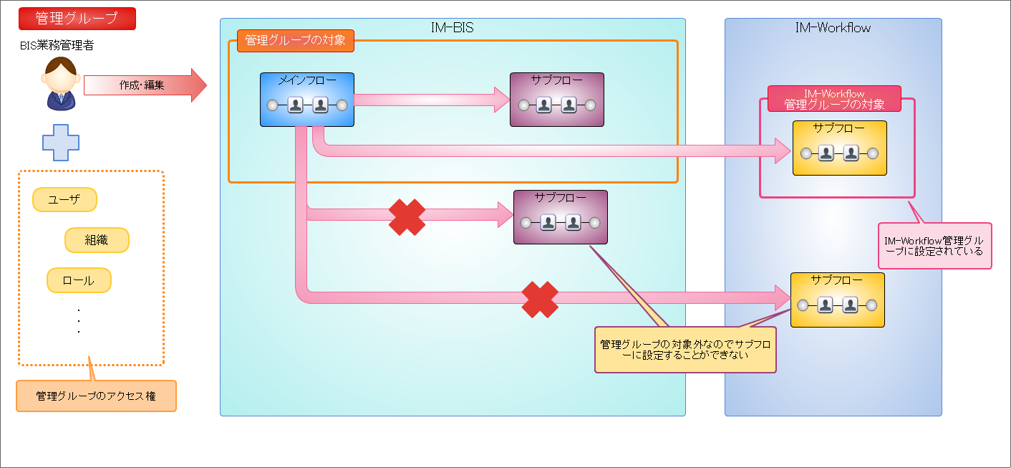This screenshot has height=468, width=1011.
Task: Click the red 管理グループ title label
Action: (77, 19)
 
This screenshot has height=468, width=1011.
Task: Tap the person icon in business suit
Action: (61, 85)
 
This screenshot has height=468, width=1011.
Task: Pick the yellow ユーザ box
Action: (64, 200)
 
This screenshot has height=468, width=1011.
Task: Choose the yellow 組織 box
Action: (97, 240)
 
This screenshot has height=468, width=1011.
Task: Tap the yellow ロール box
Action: (79, 280)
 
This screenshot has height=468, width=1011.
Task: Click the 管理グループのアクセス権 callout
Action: (96, 396)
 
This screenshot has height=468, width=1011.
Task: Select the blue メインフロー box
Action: (306, 100)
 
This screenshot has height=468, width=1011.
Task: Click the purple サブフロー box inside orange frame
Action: (556, 100)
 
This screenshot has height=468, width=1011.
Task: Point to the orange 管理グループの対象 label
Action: (295, 40)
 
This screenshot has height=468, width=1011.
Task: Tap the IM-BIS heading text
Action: (453, 28)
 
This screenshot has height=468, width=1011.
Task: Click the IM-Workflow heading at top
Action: (833, 28)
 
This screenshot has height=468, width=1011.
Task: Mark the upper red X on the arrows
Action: (407, 216)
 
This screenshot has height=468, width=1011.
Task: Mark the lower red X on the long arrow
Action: (540, 300)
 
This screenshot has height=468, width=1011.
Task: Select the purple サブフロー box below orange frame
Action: (560, 216)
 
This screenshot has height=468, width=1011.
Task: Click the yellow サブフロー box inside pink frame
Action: (839, 148)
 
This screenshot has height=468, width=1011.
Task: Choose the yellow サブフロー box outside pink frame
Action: (837, 300)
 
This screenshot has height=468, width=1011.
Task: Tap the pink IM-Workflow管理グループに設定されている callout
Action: (934, 246)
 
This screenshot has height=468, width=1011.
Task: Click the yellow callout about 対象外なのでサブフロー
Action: (685, 350)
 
